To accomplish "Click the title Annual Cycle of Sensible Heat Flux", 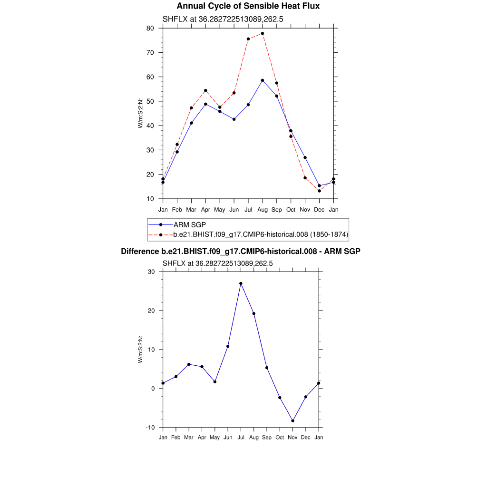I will tap(248, 6).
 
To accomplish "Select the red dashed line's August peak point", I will tap(263, 33).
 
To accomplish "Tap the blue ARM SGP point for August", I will tap(263, 80).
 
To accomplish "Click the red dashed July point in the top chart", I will tap(248, 39).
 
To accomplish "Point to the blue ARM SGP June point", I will tap(234, 119).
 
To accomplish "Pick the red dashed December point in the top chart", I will tap(320, 191).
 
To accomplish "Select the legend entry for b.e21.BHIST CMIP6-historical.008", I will tap(261, 234).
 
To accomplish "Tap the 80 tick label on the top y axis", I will tap(150, 28).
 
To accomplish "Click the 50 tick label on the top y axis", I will tap(150, 101).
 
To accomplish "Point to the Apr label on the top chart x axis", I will tap(205, 209).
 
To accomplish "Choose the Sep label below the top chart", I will tap(277, 209).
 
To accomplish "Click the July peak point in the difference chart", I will tap(241, 283).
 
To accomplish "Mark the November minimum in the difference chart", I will tap(293, 421).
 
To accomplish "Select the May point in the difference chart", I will tap(215, 382).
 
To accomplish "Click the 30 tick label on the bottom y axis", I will tap(151, 272).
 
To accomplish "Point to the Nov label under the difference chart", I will tap(293, 437).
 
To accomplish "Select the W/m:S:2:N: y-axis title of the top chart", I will tap(140, 113).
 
